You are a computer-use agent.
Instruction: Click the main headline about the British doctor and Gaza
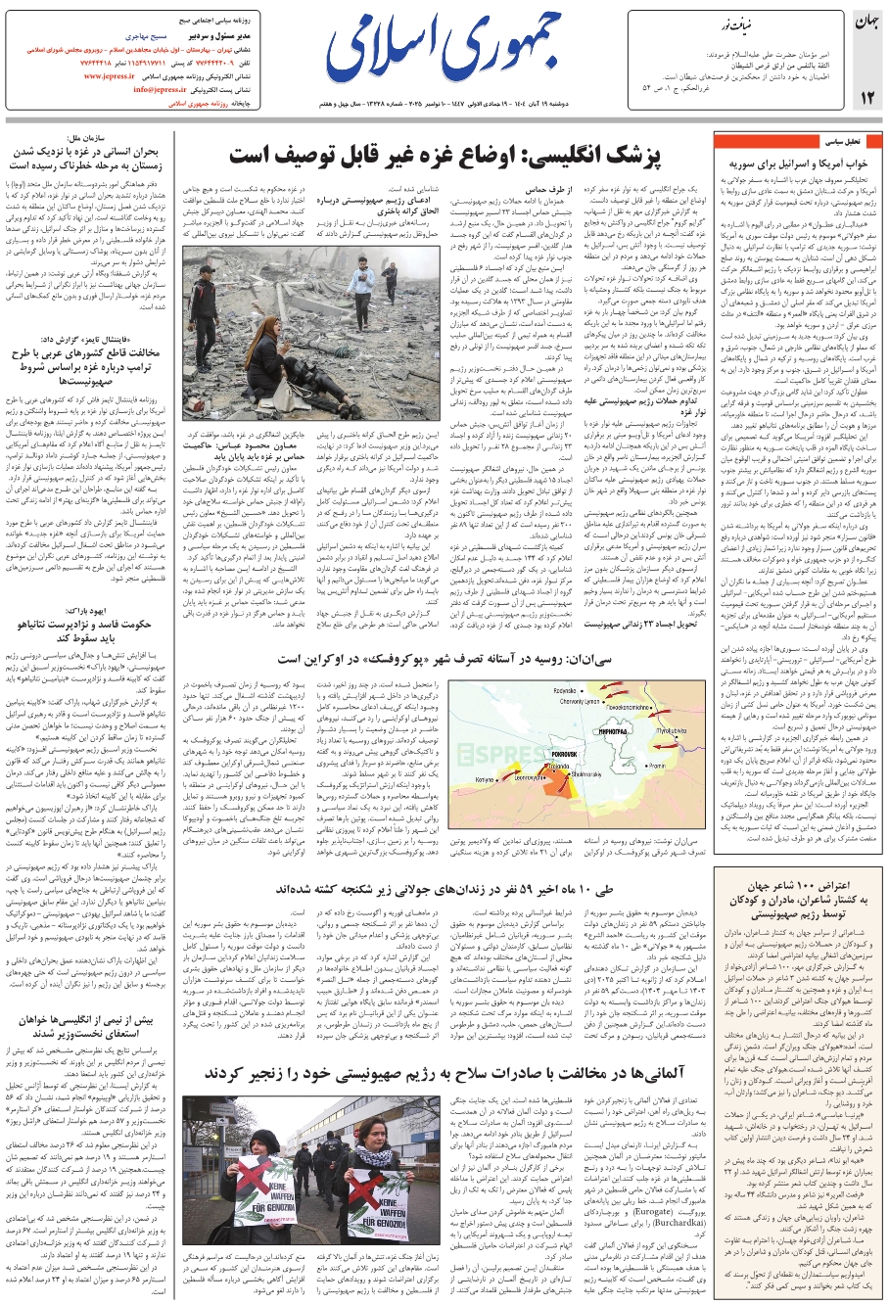(444, 157)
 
